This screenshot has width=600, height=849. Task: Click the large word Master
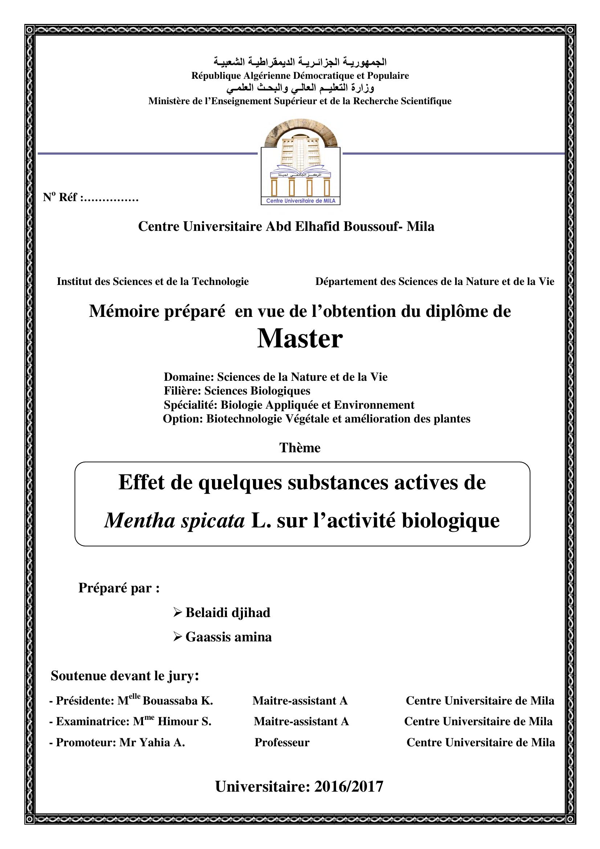[x=300, y=339]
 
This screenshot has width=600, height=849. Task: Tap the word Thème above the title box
[x=300, y=448]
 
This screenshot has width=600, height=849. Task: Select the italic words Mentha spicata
[x=175, y=521]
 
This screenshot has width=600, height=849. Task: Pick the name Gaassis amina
[x=228, y=637]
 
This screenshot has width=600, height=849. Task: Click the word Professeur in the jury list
[x=282, y=742]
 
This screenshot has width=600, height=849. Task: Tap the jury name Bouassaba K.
[x=177, y=701]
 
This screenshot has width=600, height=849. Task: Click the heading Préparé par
[x=119, y=588]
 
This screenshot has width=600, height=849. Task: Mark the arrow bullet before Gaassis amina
[x=177, y=637]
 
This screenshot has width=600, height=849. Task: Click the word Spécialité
[x=191, y=405]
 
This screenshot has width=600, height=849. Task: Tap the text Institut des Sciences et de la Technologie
[x=153, y=281]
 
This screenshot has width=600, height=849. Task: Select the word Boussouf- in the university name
[x=373, y=226]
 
